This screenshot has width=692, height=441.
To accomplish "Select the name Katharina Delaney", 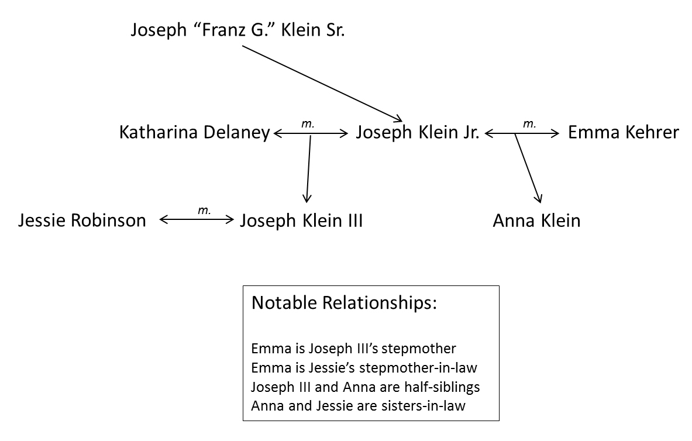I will [194, 133].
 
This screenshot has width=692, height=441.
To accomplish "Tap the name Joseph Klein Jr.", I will [418, 133].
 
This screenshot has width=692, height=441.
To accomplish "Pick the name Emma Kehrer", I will [623, 133].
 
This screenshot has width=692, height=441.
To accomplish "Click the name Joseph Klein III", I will [301, 220].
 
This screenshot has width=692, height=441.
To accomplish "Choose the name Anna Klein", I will [536, 220].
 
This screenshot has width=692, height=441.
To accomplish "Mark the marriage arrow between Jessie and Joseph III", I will [196, 220].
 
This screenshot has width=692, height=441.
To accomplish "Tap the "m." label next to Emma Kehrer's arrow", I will [529, 123].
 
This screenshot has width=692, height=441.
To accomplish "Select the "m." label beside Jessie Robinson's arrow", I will [204, 210].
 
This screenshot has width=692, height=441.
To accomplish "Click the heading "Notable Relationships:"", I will [344, 304].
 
